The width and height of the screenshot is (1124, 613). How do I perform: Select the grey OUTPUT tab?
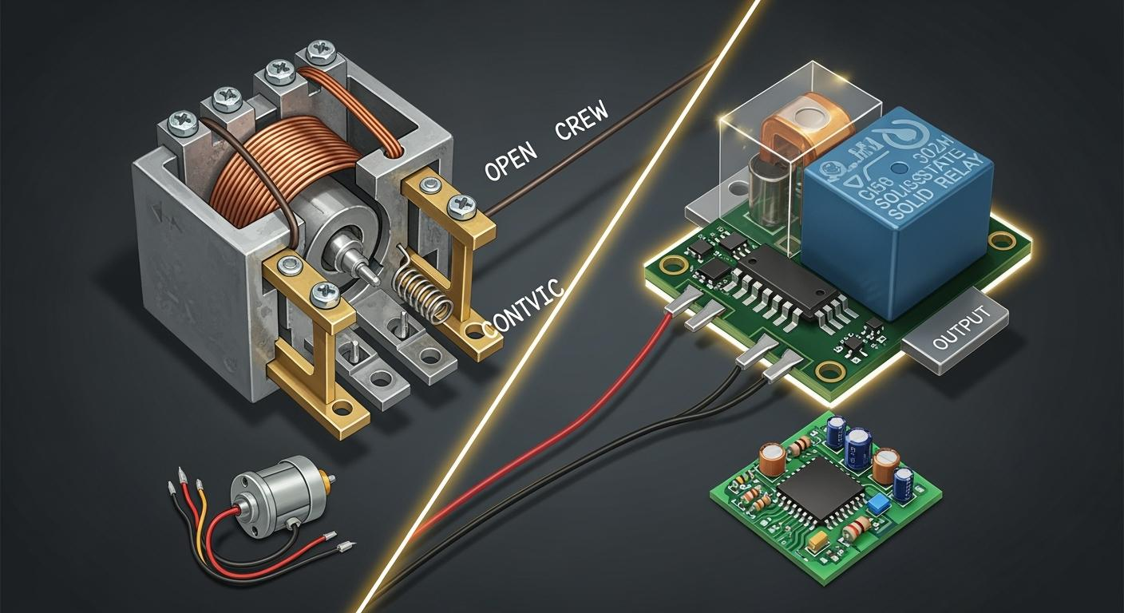953,326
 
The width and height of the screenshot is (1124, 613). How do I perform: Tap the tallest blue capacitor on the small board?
858,448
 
